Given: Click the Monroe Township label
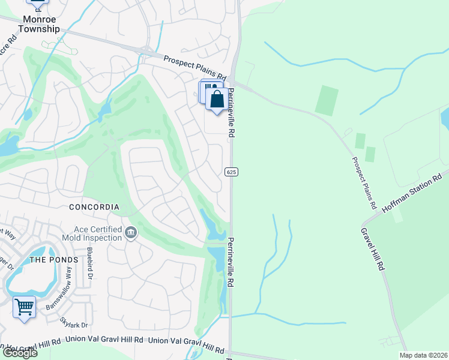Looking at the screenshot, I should pos(41,24).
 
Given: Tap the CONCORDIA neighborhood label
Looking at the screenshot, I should pos(94,207).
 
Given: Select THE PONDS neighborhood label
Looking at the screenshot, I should pos(54,260).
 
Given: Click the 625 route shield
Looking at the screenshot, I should pos(232,172).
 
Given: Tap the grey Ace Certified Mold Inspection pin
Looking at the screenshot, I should pos(131,232).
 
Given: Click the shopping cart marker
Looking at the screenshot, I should pos(24,307).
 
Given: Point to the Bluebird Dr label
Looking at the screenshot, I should pos(89,263).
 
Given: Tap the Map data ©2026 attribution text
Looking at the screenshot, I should pos(423,355).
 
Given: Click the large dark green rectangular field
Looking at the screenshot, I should pos(327,100).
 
